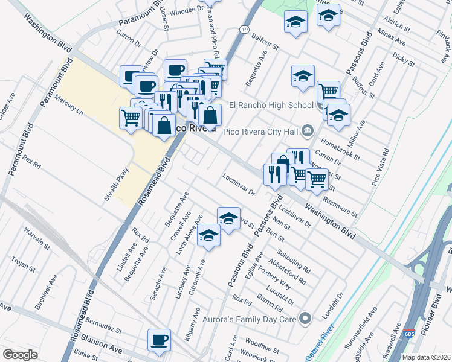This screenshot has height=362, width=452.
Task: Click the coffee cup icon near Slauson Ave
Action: tap(159, 340)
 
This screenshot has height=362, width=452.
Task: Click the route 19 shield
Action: tap(244, 29)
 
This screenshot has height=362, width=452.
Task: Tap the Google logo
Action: tap(20, 354)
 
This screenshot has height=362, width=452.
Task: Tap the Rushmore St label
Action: tap(340, 206)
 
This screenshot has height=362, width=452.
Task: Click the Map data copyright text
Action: tap(427, 357)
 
